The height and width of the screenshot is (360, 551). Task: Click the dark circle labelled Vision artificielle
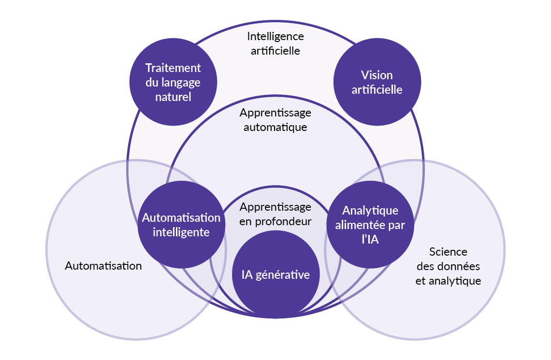377,82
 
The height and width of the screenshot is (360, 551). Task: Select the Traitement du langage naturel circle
173,82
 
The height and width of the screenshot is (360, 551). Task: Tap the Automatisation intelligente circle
181,225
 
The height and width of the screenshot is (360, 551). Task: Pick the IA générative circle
275,274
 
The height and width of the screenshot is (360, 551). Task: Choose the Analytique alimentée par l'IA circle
370,225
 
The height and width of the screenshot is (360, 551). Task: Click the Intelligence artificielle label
275,43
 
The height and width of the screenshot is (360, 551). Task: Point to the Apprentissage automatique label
275,120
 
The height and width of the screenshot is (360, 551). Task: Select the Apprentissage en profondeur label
275,214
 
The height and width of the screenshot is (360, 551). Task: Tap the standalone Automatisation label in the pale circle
103,266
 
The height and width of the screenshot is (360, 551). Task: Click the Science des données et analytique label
448,266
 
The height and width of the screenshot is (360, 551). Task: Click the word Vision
377,75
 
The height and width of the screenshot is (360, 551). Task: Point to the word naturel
173,97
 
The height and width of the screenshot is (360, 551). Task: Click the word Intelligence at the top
275,36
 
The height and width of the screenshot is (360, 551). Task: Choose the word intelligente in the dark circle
181,232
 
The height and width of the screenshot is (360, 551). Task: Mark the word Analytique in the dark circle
370,211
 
